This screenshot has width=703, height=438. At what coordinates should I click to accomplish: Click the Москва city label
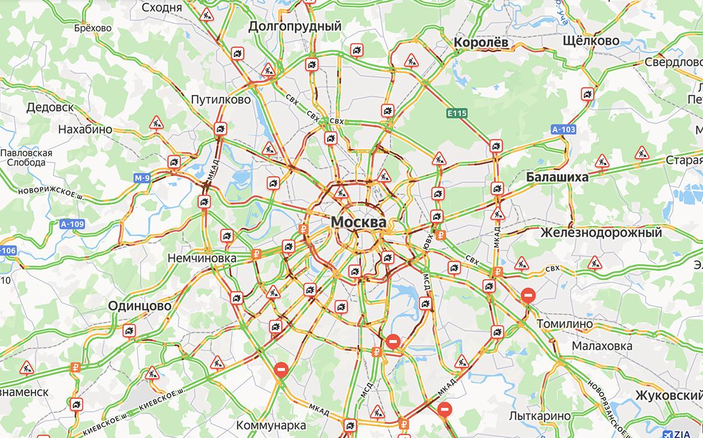click(358, 222)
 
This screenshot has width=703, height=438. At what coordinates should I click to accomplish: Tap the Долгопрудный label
click(295, 26)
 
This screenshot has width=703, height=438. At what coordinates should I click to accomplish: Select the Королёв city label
click(481, 43)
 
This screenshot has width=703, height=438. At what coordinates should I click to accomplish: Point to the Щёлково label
click(591, 40)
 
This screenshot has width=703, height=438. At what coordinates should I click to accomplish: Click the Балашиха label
click(557, 177)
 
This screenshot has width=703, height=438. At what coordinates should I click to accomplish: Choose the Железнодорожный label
click(601, 233)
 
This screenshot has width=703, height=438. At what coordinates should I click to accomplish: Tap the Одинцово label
click(140, 306)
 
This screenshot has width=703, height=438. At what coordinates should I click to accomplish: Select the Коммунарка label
click(271, 425)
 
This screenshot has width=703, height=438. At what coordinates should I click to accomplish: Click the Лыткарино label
click(539, 416)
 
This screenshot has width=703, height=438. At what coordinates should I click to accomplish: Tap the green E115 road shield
click(457, 112)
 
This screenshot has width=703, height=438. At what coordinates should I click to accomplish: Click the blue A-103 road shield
click(563, 129)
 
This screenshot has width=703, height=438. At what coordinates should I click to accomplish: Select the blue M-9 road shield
click(143, 178)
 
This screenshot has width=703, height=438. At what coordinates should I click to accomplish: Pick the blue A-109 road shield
click(72, 225)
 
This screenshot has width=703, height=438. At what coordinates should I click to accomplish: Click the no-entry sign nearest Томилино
click(528, 296)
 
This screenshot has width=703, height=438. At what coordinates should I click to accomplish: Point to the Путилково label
click(220, 100)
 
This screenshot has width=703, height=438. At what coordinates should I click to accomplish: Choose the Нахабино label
click(85, 129)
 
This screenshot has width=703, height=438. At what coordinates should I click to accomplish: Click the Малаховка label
click(602, 346)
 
